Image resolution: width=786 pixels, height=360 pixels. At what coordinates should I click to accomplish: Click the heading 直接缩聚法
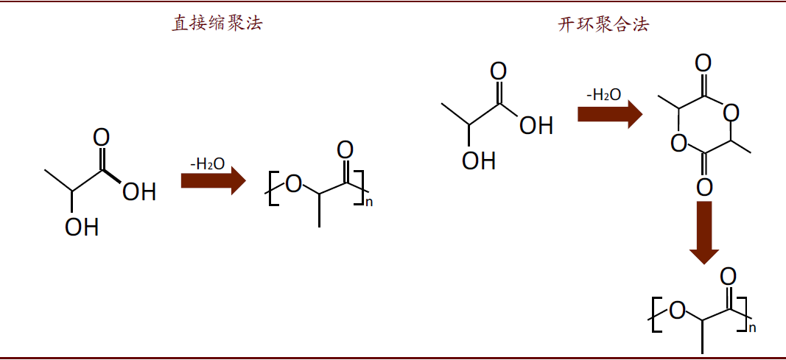(217, 24)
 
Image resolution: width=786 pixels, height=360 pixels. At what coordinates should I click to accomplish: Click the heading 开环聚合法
(603, 25)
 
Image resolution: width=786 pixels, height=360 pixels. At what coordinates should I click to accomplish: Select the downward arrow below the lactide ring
(704, 232)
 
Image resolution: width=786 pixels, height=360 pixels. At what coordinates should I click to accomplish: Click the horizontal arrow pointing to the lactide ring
(609, 114)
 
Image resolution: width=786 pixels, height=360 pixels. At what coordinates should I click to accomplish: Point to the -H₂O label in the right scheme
(603, 95)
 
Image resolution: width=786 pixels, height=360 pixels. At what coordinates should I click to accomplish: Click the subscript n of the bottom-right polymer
(752, 328)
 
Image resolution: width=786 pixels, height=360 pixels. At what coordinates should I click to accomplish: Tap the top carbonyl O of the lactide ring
(703, 62)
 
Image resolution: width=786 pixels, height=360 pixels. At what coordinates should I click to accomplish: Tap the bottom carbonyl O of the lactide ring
(704, 188)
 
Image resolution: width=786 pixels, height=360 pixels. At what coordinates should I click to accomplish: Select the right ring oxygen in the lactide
(731, 113)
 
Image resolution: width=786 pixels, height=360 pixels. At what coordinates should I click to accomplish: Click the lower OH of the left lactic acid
(82, 227)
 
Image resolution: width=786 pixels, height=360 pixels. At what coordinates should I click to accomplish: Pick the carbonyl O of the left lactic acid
(102, 138)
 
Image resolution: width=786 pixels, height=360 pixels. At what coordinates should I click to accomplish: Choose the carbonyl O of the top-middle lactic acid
(499, 71)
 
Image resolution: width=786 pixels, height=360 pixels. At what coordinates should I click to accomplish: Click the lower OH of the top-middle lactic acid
(479, 160)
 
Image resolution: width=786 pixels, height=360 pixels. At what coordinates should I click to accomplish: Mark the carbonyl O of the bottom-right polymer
(728, 277)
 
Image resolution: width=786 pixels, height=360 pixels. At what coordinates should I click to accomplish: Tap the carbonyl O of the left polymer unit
(345, 150)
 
